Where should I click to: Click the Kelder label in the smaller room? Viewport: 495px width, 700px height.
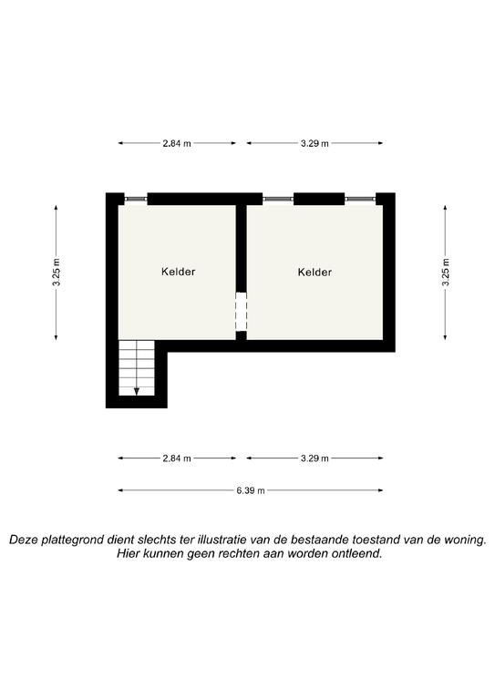[x=178, y=272]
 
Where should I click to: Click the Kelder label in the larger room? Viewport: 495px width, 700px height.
[x=315, y=272]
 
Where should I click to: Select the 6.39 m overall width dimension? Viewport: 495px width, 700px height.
[x=251, y=490]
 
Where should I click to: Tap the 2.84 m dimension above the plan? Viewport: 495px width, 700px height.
[x=177, y=143]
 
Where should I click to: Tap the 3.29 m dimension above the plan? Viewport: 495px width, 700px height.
[x=315, y=143]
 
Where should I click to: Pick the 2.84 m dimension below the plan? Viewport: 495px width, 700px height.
[x=177, y=458]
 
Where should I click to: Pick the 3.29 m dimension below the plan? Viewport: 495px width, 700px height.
[x=315, y=458]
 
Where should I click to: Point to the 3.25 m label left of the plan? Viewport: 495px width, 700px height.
[x=57, y=273]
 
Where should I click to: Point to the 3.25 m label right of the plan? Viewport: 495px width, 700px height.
[x=446, y=273]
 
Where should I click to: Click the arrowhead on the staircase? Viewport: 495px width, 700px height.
[x=137, y=392]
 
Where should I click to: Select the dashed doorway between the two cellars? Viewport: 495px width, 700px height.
[x=241, y=312]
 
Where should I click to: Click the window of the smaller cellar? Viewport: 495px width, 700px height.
[x=136, y=199]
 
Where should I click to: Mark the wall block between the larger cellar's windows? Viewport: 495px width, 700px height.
[x=319, y=199]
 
